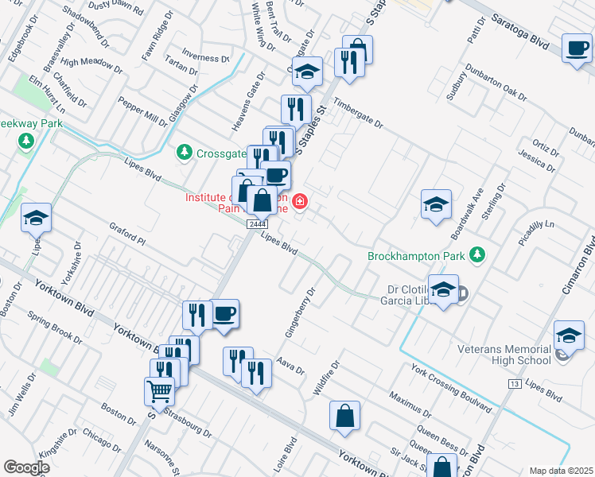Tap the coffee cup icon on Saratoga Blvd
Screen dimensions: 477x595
577,48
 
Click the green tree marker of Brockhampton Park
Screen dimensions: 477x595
477,255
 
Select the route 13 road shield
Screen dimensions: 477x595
515,384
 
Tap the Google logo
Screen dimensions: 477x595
26,467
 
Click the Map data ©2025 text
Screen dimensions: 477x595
562,471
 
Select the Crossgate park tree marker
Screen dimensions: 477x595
185,151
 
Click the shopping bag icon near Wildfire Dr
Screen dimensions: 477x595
344,416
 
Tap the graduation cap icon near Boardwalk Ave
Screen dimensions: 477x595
437,205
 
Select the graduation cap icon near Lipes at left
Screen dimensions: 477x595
36,217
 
